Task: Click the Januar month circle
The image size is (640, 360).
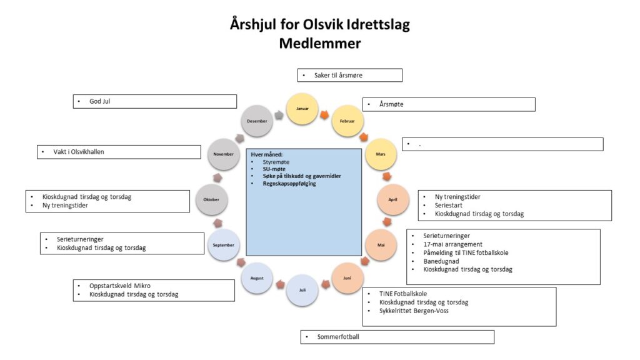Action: point(302,109)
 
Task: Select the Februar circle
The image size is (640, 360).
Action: point(347,121)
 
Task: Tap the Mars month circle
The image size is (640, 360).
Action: point(380,154)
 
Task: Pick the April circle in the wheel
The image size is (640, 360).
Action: point(392,199)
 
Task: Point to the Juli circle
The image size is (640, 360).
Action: point(302,290)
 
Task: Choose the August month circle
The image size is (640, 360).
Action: point(257,278)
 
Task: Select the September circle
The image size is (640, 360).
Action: point(224,245)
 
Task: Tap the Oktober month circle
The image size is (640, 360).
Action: point(211,199)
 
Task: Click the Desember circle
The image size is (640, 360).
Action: point(257,121)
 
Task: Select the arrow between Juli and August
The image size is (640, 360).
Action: point(279,285)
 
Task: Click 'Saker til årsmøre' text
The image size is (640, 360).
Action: point(338,75)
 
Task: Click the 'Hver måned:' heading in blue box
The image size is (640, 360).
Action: point(267,154)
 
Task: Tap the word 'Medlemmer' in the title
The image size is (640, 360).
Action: point(319,44)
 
